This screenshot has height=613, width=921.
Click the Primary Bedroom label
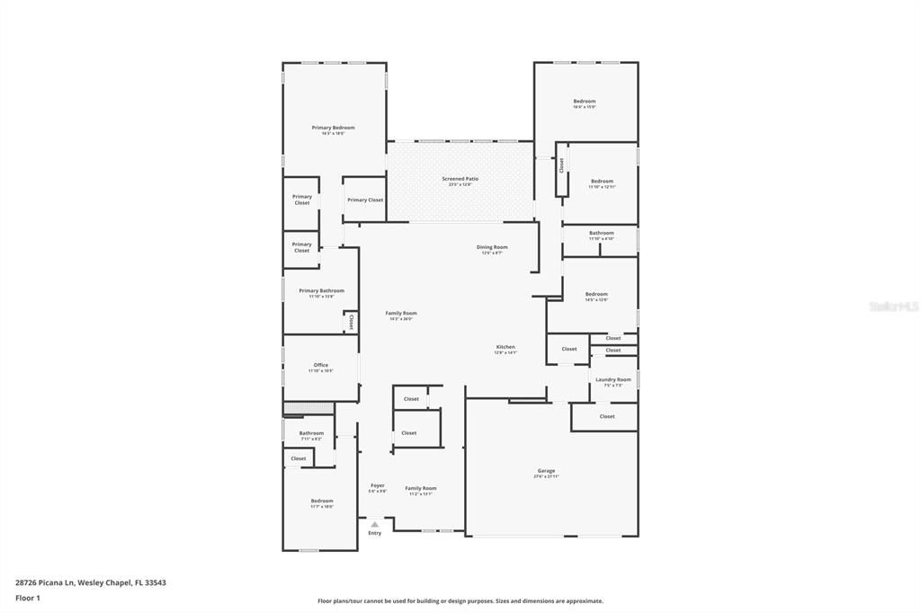[x=333, y=129]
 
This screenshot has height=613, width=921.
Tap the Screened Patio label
[x=460, y=179]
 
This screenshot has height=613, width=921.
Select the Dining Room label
[x=491, y=247]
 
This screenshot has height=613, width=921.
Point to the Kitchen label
[x=505, y=347]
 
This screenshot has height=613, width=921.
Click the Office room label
[x=320, y=365]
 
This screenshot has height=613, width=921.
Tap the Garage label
[x=546, y=471]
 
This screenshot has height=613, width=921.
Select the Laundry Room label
[x=613, y=379]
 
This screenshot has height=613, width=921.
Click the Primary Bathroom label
[x=321, y=290]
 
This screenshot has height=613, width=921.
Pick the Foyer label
[x=377, y=485]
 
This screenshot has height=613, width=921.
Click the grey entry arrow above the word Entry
[x=374, y=523]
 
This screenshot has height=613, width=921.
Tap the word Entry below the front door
[x=374, y=533]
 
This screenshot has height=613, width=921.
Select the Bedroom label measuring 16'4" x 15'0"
[x=585, y=102]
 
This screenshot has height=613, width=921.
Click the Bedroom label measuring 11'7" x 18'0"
[x=322, y=501]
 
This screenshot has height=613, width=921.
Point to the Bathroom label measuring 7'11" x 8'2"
[x=311, y=433]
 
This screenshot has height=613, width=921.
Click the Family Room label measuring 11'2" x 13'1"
[x=420, y=488]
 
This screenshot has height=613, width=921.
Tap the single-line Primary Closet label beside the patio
[x=364, y=200]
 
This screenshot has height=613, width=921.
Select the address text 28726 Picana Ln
[x=45, y=582]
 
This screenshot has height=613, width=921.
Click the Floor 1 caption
[x=28, y=598]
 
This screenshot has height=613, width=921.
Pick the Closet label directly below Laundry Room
[x=607, y=416]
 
